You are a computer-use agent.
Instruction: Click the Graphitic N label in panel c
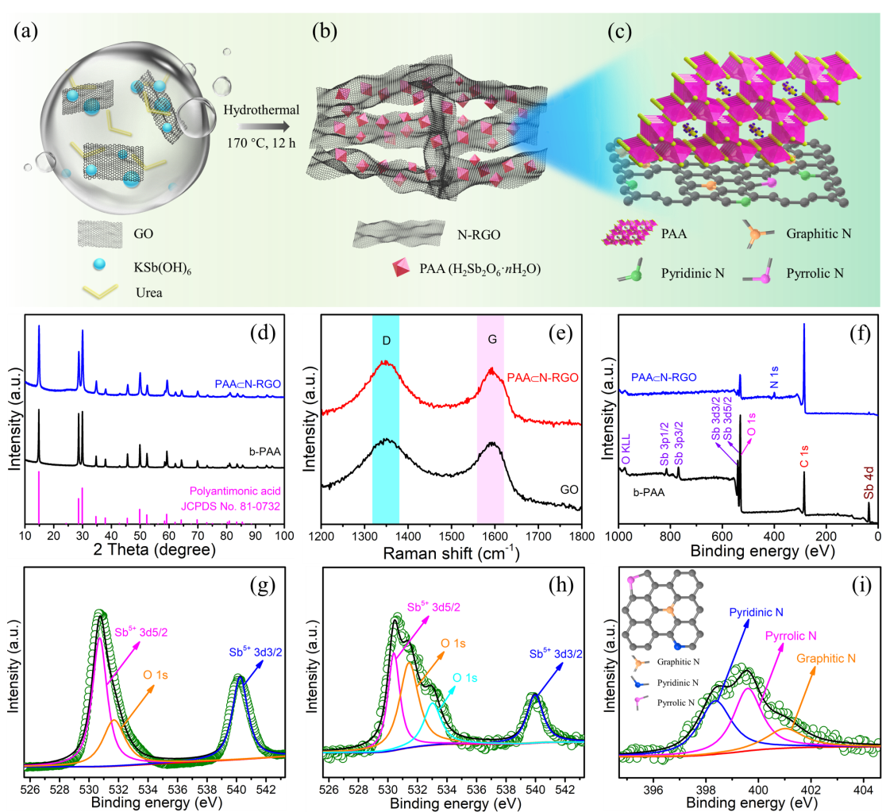click(x=819, y=235)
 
